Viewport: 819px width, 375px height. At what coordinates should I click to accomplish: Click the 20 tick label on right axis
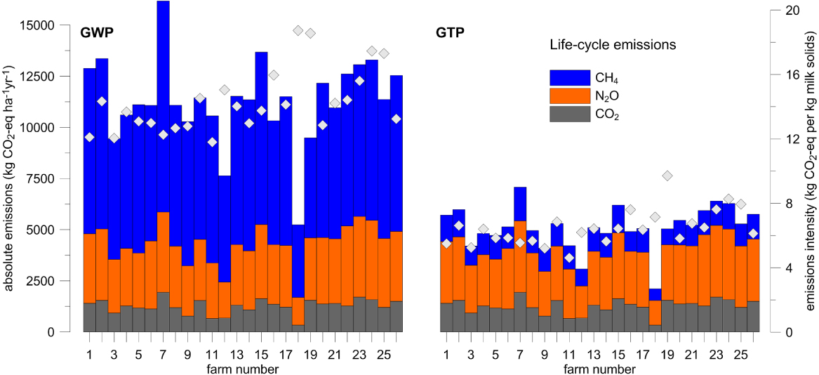(x=792, y=11)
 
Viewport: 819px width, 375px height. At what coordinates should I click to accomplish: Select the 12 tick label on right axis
(x=792, y=139)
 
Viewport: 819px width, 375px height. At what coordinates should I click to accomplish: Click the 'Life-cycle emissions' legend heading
(x=612, y=45)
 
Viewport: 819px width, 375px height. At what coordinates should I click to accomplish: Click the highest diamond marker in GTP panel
(x=667, y=176)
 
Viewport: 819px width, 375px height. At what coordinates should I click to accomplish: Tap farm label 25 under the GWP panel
(x=384, y=354)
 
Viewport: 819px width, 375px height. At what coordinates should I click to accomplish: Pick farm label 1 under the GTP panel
(x=446, y=354)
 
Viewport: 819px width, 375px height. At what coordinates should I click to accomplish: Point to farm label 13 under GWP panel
(x=237, y=354)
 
